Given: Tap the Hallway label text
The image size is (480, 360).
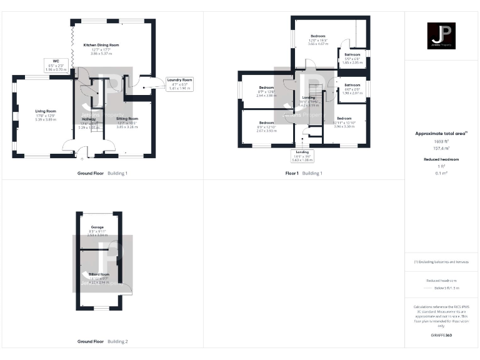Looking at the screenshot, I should pos(88,122).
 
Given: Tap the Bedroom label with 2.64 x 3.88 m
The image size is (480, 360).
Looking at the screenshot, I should pos(266,92).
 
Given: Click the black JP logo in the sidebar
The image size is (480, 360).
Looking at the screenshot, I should pos(442,34).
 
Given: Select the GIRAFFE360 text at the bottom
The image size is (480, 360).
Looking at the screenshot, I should pos(441,336).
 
